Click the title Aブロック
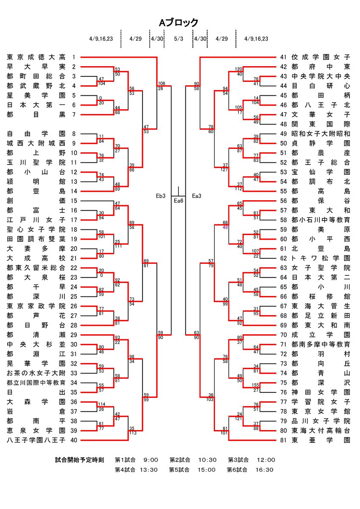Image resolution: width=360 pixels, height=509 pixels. [179, 23]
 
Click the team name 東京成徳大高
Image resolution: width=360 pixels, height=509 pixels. [36, 57]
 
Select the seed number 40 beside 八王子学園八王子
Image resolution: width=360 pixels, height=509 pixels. [74, 440]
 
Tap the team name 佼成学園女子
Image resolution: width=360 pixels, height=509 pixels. [321, 57]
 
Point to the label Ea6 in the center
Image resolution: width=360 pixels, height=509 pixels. [178, 201]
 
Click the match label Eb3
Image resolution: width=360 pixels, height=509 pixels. [161, 196]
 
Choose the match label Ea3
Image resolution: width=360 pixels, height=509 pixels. [196, 196]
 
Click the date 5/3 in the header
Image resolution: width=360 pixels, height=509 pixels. [179, 39]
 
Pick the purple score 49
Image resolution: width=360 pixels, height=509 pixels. [225, 227]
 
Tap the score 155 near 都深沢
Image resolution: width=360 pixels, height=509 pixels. [255, 385]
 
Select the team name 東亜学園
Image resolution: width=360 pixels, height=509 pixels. [321, 440]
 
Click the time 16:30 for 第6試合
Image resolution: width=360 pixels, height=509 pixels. [264, 470]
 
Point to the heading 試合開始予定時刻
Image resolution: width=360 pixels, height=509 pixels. [79, 460]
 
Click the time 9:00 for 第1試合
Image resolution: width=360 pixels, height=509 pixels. [151, 460]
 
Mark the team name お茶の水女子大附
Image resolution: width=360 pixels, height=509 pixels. [36, 373]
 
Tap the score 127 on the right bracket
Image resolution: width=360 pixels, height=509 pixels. [224, 170]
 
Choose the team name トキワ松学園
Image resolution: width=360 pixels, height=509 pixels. [321, 258]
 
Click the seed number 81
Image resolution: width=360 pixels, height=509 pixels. [283, 440]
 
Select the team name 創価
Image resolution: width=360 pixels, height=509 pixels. [36, 201]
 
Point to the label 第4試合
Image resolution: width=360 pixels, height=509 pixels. [125, 470]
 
